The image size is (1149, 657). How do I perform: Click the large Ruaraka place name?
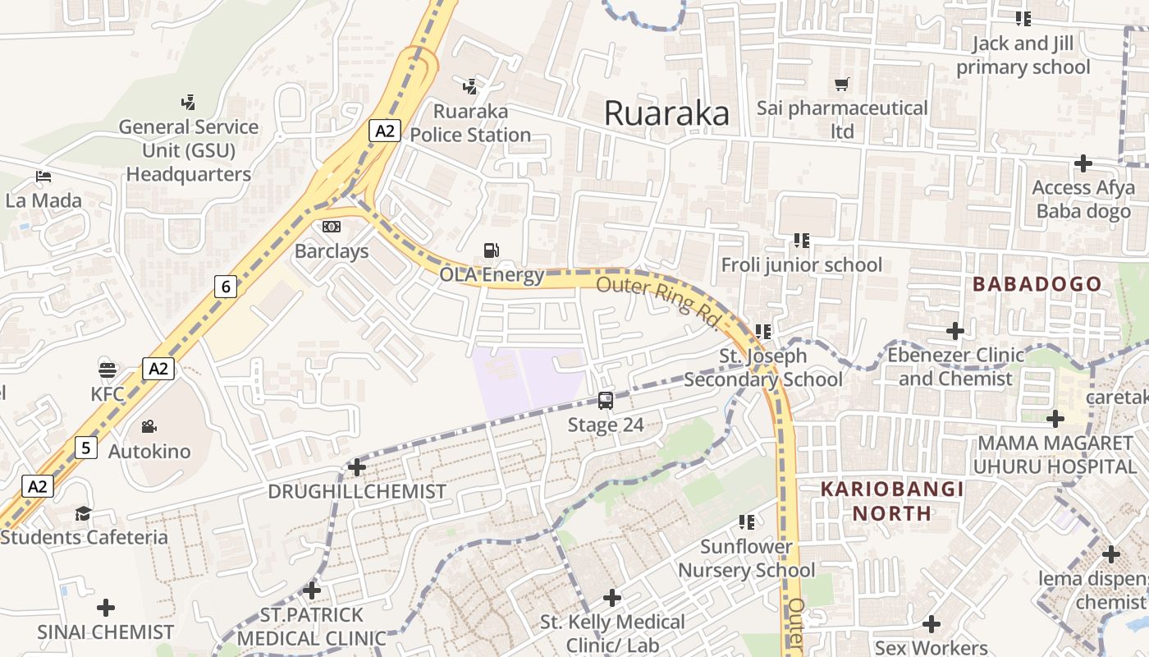coord(666,113)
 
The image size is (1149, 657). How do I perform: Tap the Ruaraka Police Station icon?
coord(470,86)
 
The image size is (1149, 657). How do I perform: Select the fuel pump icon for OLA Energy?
coord(491,250)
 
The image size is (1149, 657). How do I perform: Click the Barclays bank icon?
coord(332,227)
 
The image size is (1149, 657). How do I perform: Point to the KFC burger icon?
coord(108,370)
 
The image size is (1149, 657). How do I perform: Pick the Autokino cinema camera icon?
coord(149,426)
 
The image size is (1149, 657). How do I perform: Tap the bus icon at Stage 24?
coord(606,401)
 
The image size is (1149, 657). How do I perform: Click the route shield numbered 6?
coord(227,286)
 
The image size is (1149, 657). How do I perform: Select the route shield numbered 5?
coord(86,448)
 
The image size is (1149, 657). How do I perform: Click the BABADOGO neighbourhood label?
coord(1037,284)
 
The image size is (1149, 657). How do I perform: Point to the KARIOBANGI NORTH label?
coord(892,501)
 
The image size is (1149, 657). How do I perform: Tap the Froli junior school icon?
coord(802,241)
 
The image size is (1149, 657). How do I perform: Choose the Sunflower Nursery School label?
coord(746,558)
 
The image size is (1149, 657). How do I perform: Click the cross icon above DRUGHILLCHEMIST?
coord(356,467)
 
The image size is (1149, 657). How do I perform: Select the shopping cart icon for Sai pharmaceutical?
coord(841,84)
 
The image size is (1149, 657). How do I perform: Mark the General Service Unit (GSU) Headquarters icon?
coord(188,103)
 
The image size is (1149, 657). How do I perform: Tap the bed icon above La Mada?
coord(43,177)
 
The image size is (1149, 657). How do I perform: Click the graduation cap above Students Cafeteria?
coord(83,514)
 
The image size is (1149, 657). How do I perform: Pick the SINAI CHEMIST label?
coord(105,632)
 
